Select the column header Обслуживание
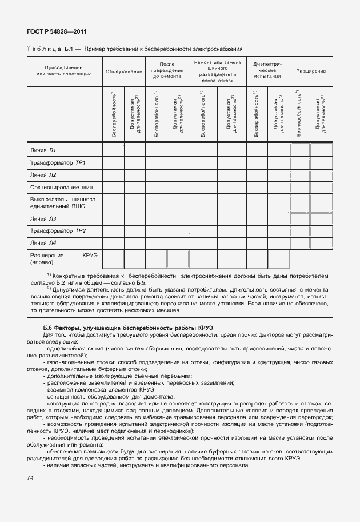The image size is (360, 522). pyautogui.click(x=123, y=71)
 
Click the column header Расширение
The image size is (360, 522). pyautogui.click(x=311, y=71)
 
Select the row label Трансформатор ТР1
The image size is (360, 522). pyautogui.click(x=58, y=163)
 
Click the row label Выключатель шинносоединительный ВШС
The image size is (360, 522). pyautogui.click(x=63, y=203)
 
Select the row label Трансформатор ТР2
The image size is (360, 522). pyautogui.click(x=58, y=230)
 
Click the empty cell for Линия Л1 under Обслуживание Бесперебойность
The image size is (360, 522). pyautogui.click(x=113, y=150)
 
